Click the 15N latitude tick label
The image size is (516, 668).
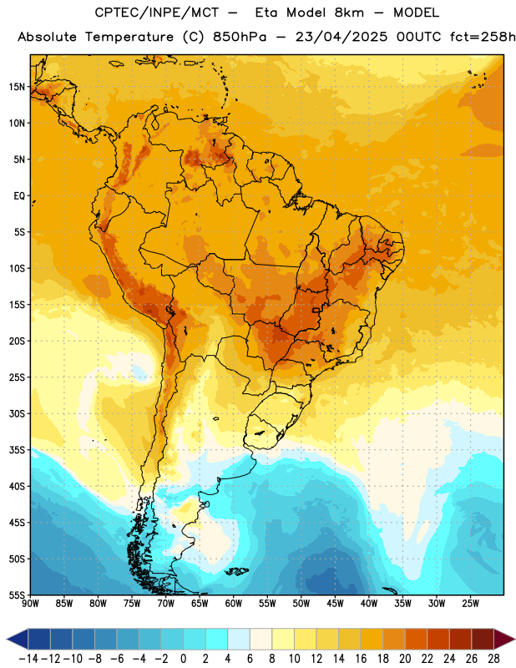[x=17, y=87]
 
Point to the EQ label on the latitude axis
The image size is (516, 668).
[x=19, y=196]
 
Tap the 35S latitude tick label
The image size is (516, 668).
[x=17, y=450]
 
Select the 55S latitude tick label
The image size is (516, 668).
[x=17, y=595]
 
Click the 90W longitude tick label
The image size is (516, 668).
[x=30, y=604]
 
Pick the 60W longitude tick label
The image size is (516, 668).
[x=234, y=604]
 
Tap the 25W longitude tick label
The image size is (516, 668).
[x=470, y=604]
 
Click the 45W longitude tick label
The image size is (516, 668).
[x=335, y=604]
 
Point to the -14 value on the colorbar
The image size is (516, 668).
[x=28, y=659]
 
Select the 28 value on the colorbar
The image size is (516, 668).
[x=493, y=659]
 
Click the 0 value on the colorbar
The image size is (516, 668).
[x=183, y=659]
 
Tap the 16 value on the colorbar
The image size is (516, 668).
[x=361, y=659]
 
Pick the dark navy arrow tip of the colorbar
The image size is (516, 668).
[x=8, y=639]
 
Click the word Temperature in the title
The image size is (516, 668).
[x=129, y=37]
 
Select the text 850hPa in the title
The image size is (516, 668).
[x=240, y=37]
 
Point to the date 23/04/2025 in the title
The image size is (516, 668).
[x=341, y=37]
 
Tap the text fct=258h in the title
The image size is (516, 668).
[x=483, y=37]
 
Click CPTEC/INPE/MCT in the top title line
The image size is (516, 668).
[x=157, y=13]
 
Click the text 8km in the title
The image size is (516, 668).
[x=349, y=13]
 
